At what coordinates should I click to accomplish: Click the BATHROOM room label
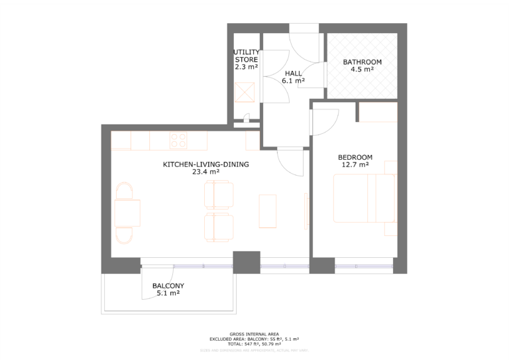coord(362,62)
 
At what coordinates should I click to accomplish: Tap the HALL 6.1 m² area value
coord(293,81)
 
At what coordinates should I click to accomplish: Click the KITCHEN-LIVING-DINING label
coord(205,164)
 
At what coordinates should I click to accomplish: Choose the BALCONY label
coord(168,286)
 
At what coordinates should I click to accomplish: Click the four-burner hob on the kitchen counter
coord(178,140)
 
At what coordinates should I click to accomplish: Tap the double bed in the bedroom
coord(364,198)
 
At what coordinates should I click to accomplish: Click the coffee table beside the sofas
coord(267,210)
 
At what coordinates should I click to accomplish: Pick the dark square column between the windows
coord(246,262)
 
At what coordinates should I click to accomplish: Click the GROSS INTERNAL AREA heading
coord(254,333)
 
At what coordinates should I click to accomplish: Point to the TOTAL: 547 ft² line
coord(254,344)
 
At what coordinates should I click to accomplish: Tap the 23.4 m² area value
coord(205,171)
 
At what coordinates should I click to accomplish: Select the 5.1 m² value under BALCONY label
coord(168,293)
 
